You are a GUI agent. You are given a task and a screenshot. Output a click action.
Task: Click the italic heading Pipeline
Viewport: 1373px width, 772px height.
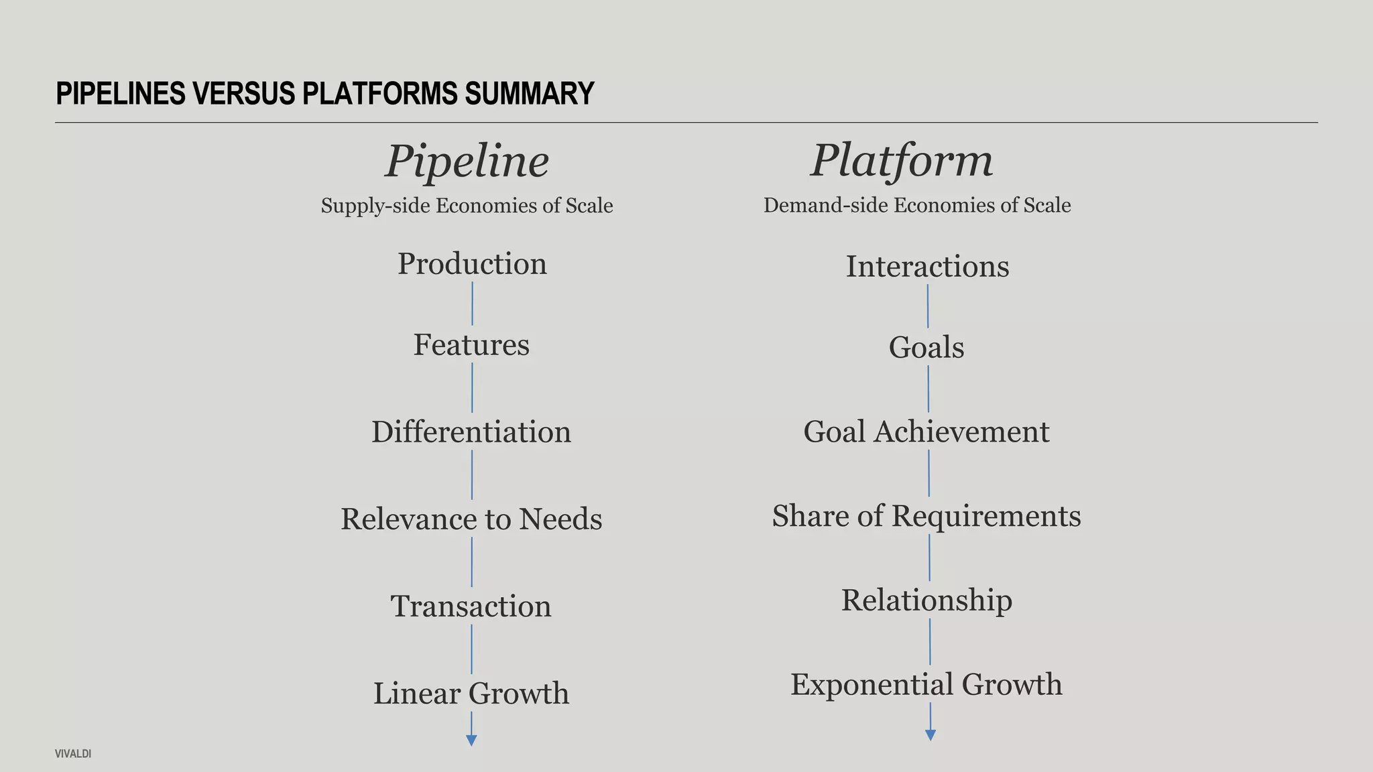[467, 162]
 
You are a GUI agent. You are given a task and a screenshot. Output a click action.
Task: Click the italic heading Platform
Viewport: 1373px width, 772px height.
[902, 161]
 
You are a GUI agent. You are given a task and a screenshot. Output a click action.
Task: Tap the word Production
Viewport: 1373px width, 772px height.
[472, 264]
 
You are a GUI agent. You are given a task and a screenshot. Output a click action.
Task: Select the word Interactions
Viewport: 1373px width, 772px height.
[927, 267]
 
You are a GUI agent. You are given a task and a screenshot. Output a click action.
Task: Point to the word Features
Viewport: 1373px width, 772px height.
[471, 345]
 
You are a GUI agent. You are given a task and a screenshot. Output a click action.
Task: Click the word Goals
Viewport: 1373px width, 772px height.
[927, 348]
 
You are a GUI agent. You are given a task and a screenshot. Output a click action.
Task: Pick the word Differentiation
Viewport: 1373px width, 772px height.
[471, 432]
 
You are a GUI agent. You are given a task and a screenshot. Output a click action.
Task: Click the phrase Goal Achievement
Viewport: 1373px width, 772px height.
[926, 432]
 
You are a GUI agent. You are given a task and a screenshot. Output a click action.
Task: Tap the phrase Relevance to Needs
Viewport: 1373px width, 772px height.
[471, 519]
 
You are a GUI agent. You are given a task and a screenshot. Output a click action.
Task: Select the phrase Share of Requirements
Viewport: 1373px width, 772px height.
[926, 516]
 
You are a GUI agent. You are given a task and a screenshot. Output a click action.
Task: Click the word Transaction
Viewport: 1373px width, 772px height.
[471, 606]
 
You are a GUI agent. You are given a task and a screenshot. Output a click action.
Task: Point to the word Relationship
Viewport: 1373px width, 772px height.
[927, 600]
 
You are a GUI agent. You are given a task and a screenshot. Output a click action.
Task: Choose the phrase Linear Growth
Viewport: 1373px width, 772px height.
[471, 694]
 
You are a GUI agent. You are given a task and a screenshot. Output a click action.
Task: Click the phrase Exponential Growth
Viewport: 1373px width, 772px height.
[926, 685]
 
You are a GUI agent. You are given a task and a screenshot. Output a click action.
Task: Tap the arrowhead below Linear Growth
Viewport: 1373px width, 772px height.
[471, 741]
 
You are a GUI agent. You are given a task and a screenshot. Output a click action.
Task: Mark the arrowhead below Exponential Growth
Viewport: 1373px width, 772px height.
[931, 735]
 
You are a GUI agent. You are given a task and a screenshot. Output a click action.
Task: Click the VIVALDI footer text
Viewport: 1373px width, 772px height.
[73, 754]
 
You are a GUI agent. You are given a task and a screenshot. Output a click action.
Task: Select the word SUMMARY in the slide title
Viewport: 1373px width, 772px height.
[530, 93]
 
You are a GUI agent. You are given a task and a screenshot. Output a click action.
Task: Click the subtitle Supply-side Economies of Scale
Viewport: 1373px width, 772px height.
[467, 206]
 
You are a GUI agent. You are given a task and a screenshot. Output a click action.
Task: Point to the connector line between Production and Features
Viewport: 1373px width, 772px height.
[473, 304]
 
